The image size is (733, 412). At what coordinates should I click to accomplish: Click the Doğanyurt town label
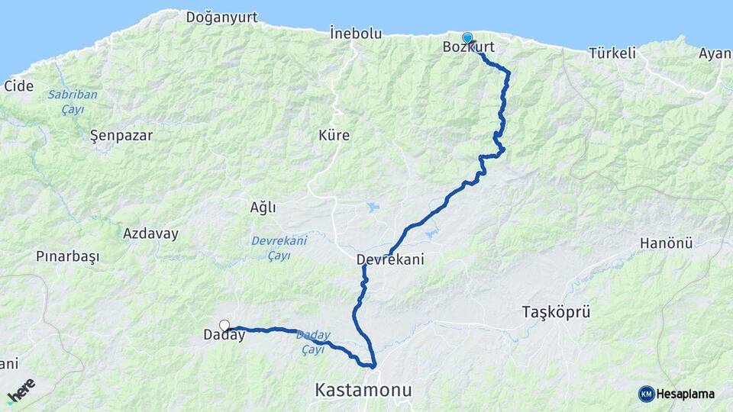point(222,16)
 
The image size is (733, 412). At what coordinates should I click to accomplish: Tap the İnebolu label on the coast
point(356,34)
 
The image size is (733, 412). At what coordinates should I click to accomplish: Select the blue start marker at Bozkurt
point(467,37)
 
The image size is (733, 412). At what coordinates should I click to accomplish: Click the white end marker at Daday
point(224,326)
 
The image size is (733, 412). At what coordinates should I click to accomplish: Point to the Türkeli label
point(612,53)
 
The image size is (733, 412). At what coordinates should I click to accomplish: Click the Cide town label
point(19,86)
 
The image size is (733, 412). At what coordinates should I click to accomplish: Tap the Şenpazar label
point(121,136)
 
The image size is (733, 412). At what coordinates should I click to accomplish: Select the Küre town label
point(334,136)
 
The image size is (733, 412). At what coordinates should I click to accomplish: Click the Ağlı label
point(263,208)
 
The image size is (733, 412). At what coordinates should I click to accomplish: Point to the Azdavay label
point(150,233)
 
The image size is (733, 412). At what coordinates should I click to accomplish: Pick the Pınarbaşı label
point(68,256)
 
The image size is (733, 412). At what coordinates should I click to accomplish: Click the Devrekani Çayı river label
point(279,247)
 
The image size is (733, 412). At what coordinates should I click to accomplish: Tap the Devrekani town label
point(390,260)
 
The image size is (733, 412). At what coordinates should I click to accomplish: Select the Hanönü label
point(666,243)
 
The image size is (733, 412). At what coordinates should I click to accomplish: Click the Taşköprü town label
point(557,311)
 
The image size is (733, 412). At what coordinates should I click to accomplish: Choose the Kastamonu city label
point(363,391)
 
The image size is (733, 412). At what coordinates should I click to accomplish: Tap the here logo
point(21,391)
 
